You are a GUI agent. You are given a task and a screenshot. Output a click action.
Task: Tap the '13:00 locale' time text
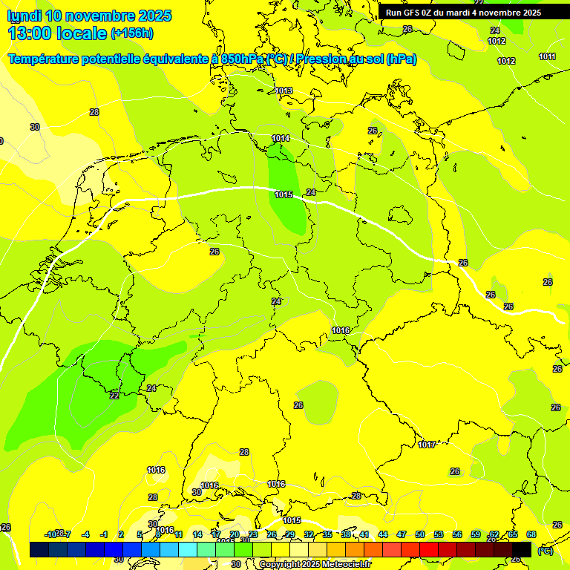tap(56, 33)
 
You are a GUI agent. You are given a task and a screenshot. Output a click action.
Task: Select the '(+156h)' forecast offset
tap(131, 33)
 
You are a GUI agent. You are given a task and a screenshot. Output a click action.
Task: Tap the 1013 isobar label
tap(284, 91)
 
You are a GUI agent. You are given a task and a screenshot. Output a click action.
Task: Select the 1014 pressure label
tap(281, 139)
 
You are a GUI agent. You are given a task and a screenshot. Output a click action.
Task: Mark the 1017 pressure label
tap(427, 445)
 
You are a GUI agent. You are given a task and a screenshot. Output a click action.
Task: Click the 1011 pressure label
tap(548, 57)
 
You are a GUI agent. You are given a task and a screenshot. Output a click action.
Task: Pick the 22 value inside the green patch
tap(114, 396)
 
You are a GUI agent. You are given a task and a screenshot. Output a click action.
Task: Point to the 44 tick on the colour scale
tap(383, 534)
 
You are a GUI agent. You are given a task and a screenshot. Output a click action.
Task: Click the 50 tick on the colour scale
tap(420, 534)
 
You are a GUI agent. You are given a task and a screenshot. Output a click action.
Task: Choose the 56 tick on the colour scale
tap(457, 534)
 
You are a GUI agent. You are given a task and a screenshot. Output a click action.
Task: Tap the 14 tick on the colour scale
tap(197, 534)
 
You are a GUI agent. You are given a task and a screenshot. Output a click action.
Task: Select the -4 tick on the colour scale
tap(85, 534)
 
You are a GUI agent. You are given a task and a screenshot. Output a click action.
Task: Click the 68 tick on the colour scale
tap(531, 534)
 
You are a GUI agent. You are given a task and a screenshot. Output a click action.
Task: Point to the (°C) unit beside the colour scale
tap(545, 550)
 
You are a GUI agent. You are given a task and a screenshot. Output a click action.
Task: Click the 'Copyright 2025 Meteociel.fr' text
tap(315, 564)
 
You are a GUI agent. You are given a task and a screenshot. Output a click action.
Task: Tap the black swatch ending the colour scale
tap(522, 549)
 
